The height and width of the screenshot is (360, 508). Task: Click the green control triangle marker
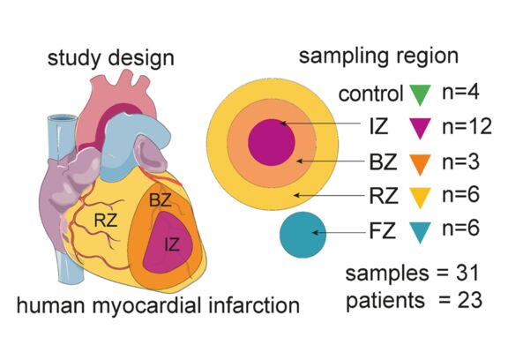420,94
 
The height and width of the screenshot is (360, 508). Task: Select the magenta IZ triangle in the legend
420,128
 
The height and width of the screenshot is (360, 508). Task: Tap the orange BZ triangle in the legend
420,163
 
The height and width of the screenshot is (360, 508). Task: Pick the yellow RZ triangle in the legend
420,197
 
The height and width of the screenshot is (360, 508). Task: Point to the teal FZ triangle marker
420,232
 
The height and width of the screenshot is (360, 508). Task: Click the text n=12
467,126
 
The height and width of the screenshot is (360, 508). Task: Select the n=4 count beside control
460,93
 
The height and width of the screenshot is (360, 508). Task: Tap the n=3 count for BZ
460,161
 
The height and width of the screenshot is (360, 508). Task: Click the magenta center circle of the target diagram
272,142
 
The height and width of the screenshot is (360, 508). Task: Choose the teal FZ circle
303,235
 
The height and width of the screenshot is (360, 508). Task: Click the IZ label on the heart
172,244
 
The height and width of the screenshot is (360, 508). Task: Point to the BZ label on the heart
160,200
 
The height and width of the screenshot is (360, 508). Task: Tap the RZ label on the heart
106,221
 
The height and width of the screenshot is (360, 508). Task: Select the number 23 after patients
470,300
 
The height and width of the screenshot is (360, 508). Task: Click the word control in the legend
371,94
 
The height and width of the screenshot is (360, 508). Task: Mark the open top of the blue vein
63,119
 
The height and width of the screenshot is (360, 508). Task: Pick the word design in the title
141,59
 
